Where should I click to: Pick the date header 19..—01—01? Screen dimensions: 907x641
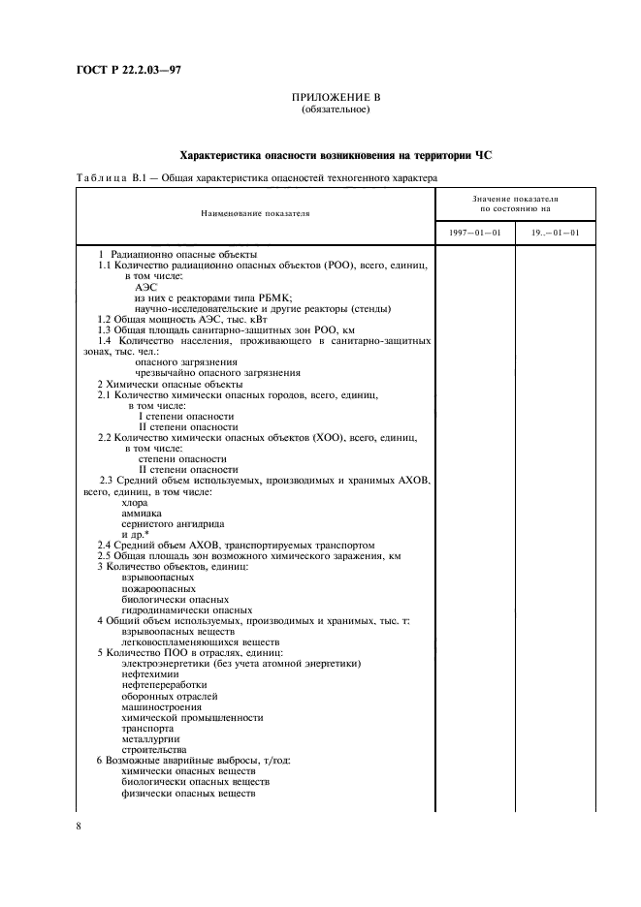pyautogui.click(x=556, y=234)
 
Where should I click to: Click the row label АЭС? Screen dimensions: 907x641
pyautogui.click(x=145, y=286)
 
